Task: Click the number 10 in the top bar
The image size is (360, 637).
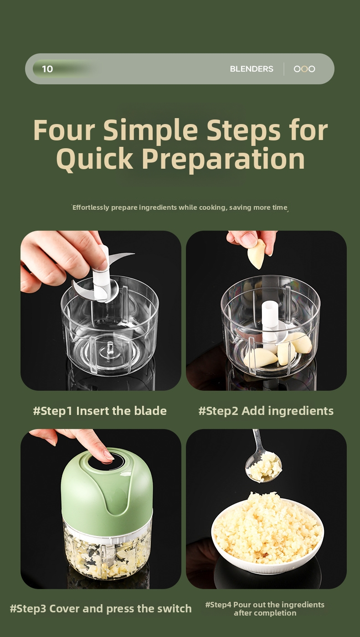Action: point(47,69)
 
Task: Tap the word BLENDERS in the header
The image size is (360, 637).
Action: point(252,69)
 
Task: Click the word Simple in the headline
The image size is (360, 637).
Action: point(150,130)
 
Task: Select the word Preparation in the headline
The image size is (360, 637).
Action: point(223,159)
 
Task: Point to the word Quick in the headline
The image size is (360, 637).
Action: point(95,159)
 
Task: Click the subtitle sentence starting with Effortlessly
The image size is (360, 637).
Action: point(180,207)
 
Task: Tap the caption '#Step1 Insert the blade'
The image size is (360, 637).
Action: point(100,411)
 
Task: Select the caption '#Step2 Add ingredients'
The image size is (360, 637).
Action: point(266,411)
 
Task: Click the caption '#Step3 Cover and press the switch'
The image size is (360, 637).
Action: point(101,609)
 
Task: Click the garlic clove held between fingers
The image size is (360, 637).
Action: point(257,254)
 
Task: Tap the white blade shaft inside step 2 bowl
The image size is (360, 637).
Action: point(269,324)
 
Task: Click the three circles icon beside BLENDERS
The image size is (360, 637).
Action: point(304,69)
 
